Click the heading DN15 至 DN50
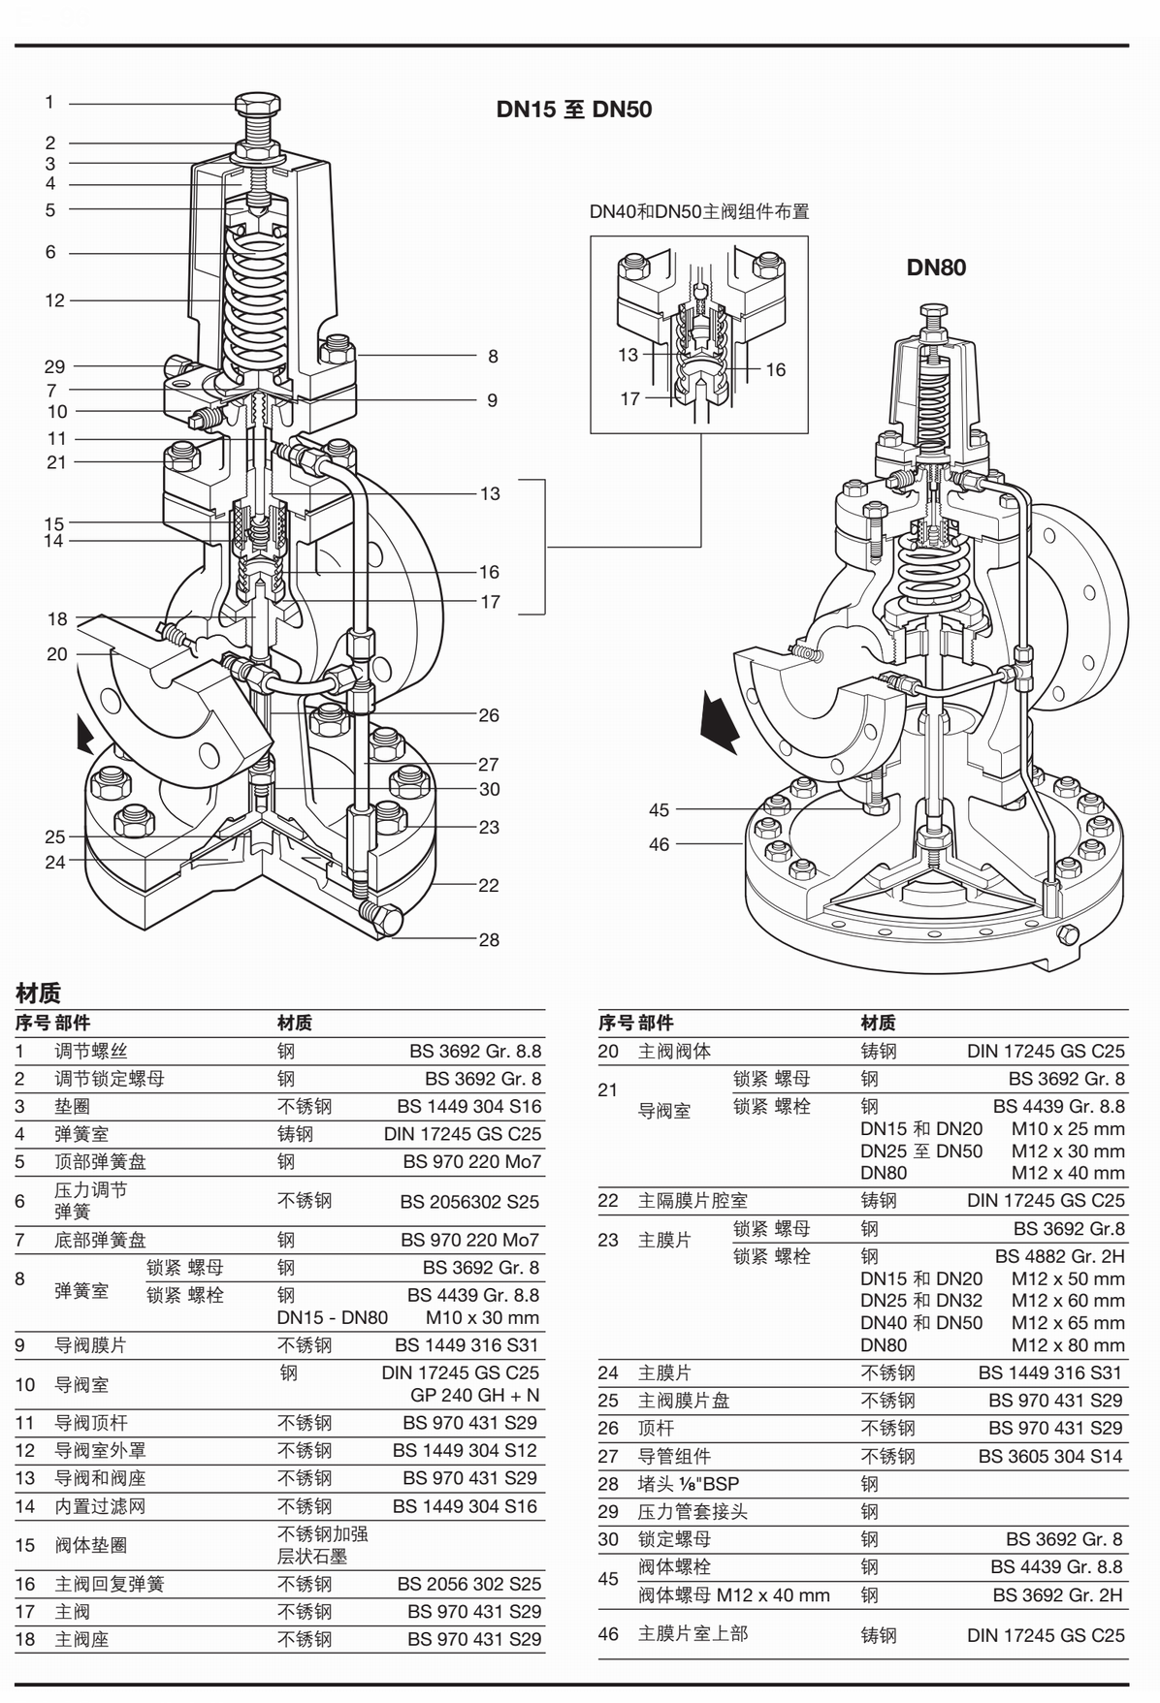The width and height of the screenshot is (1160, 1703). [573, 110]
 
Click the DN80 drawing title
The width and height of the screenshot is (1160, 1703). [936, 268]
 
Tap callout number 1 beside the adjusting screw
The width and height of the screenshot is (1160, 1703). [49, 102]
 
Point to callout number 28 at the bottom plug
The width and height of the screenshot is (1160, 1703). [489, 939]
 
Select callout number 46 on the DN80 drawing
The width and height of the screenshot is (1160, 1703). [660, 844]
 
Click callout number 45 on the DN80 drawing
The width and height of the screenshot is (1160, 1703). [660, 810]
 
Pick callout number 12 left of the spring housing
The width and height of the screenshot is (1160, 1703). [54, 300]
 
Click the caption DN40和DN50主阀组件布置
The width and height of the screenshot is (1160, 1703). [699, 211]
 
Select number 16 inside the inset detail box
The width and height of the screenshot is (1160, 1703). [775, 369]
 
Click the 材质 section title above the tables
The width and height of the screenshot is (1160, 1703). [38, 993]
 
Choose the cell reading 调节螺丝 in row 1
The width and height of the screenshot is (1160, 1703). [91, 1051]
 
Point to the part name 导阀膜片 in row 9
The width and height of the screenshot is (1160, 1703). [90, 1345]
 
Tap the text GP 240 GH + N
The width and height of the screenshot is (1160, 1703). [474, 1396]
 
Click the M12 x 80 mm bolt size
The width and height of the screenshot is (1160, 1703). [1068, 1345]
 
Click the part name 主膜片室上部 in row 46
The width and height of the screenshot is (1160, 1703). [693, 1633]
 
